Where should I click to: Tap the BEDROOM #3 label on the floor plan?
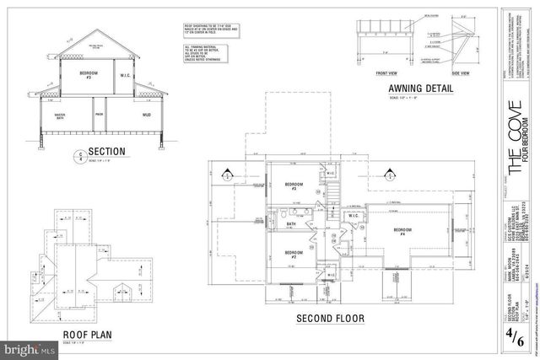tap(294, 186)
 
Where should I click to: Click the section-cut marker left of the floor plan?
tap(225, 175)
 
